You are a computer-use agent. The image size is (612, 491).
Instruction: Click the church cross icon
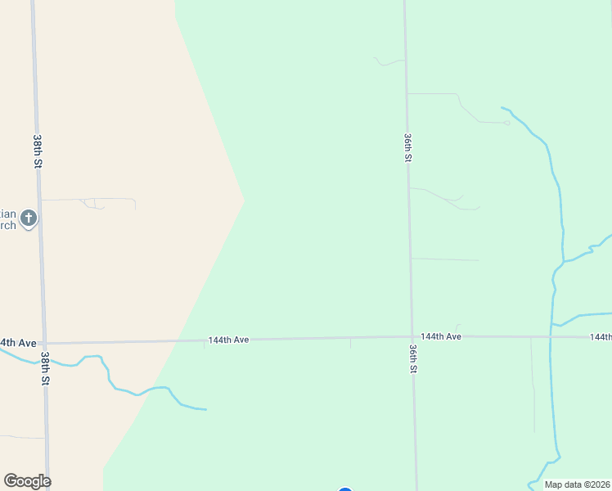(x=29, y=218)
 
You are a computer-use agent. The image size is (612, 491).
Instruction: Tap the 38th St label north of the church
(x=38, y=151)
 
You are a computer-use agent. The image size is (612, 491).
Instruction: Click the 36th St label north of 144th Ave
(x=407, y=147)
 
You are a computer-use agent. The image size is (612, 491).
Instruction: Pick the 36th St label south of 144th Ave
(x=413, y=358)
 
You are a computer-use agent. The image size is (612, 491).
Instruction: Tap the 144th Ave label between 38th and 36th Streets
(x=228, y=340)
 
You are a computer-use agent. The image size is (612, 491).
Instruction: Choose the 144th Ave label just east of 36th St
(x=441, y=336)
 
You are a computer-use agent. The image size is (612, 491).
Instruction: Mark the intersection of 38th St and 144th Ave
(x=43, y=344)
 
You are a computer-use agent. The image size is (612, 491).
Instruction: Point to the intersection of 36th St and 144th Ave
(x=412, y=336)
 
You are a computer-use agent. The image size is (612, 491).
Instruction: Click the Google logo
(x=27, y=481)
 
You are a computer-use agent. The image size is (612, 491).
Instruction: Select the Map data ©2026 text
(x=577, y=484)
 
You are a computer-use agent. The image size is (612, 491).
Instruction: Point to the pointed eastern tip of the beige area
(x=245, y=199)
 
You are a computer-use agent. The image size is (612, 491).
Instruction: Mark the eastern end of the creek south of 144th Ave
(x=205, y=409)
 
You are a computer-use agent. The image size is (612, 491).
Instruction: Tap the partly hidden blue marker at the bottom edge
(x=345, y=489)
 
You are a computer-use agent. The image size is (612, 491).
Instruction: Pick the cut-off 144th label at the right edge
(x=601, y=337)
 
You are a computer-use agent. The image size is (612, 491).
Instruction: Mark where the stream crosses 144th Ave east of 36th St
(x=551, y=337)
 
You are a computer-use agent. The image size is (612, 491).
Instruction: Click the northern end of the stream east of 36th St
(x=502, y=108)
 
